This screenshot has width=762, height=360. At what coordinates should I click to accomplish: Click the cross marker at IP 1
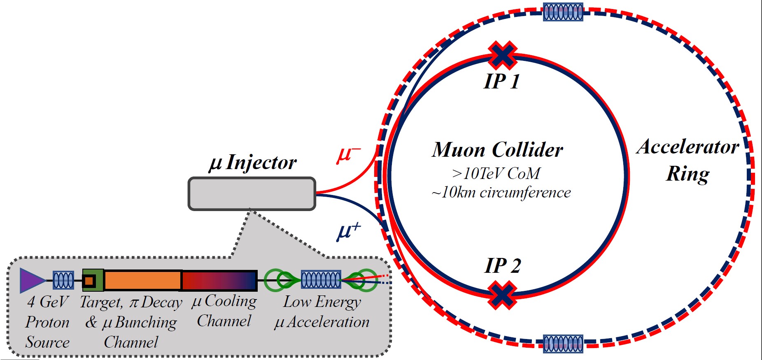pyautogui.click(x=502, y=55)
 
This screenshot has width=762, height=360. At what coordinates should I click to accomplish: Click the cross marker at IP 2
pyautogui.click(x=502, y=295)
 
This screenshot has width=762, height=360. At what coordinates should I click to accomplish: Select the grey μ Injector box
pyautogui.click(x=252, y=194)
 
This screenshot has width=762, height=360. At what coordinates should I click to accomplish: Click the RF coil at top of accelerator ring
pyautogui.click(x=563, y=12)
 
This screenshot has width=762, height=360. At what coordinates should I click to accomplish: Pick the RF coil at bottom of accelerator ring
pyautogui.click(x=563, y=344)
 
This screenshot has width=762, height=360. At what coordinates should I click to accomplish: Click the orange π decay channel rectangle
pyautogui.click(x=142, y=281)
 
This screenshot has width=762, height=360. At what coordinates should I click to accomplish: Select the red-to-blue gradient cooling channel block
pyautogui.click(x=219, y=281)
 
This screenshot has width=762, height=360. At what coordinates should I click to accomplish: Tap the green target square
pyautogui.click(x=93, y=281)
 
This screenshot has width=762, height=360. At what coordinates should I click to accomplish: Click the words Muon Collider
pyautogui.click(x=497, y=149)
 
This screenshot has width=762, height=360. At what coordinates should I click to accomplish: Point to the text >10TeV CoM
pyautogui.click(x=496, y=174)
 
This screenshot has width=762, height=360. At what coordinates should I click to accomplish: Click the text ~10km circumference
pyautogui.click(x=501, y=193)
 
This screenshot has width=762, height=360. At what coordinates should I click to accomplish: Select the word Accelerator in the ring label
pyautogui.click(x=687, y=147)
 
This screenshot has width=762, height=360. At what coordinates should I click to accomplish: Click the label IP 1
pyautogui.click(x=502, y=81)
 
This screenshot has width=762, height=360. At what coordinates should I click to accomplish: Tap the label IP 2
pyautogui.click(x=503, y=265)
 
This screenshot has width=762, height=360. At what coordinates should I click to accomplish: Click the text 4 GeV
pyautogui.click(x=47, y=302)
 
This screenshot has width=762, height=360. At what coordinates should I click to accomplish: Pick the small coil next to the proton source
pyautogui.click(x=63, y=281)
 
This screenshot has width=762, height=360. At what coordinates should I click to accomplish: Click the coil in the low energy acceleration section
pyautogui.click(x=321, y=280)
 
